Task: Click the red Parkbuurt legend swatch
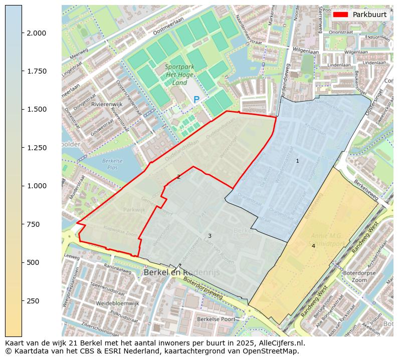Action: (340, 15)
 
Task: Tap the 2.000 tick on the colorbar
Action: (37, 33)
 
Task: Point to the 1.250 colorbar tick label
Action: (37, 148)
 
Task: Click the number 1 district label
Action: (297, 161)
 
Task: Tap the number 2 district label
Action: (178, 177)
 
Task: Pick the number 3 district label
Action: (210, 236)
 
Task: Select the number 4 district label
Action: (313, 246)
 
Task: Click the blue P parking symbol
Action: (196, 100)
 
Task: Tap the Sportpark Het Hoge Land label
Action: (176, 75)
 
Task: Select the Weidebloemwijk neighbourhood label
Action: (117, 303)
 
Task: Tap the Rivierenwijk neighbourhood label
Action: (104, 104)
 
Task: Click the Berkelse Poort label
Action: (216, 319)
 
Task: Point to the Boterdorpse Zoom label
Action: (360, 277)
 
